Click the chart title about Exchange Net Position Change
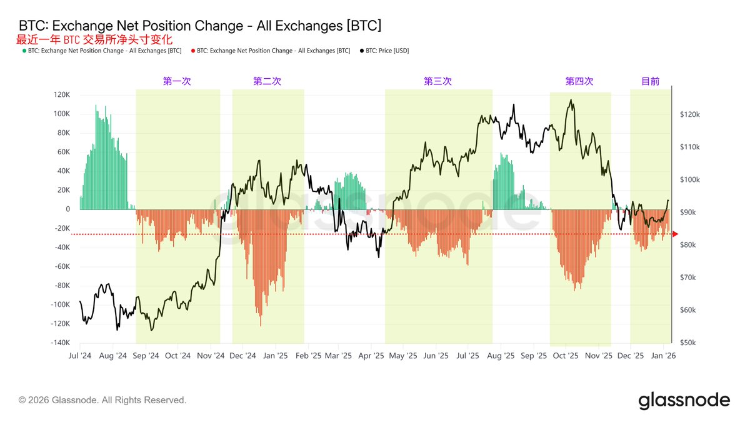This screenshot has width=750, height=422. coord(200,26)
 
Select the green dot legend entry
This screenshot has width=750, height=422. coord(103,51)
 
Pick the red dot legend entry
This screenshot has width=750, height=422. coord(271,51)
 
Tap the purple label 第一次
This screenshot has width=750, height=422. coord(177,81)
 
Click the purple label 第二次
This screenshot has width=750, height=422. coord(267,81)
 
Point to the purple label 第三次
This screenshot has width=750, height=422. coord(437,81)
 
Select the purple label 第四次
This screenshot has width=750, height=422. coord(579,81)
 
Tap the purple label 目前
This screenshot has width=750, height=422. coord(650,81)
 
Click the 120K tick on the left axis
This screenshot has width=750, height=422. coord(61,95)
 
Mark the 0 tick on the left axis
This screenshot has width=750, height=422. coord(67,209)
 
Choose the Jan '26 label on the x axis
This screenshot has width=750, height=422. coord(662,356)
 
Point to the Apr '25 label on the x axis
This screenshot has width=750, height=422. coord(371,356)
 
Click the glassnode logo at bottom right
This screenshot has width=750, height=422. coord(684,400)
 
